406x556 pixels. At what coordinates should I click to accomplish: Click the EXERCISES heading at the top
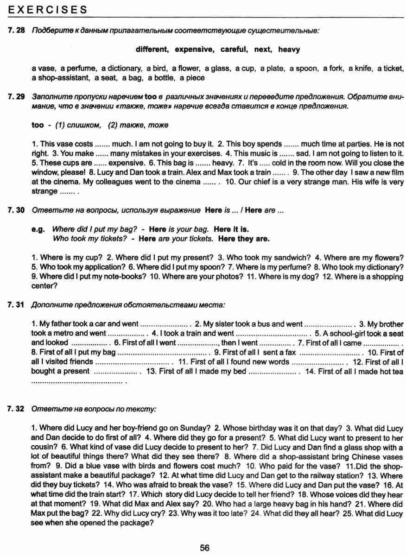click(x=48, y=9)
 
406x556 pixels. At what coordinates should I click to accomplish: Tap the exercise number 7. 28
click(x=16, y=31)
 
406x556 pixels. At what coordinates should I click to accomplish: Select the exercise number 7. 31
click(x=16, y=305)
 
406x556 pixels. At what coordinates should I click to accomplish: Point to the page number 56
click(x=204, y=548)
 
